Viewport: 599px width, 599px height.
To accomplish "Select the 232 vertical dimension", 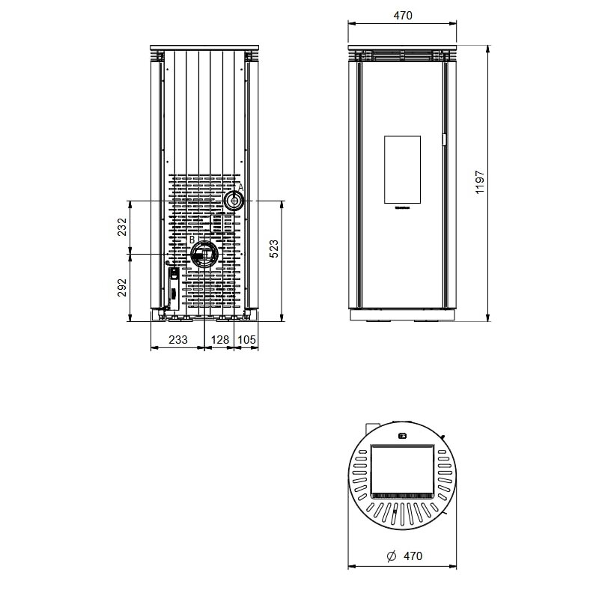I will [x=121, y=228].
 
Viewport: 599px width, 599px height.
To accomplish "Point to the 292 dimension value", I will [x=121, y=288].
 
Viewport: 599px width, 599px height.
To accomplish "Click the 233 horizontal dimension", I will [x=177, y=339].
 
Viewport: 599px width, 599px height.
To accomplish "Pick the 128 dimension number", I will [x=220, y=339].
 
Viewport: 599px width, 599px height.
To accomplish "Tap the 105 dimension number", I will [x=247, y=339].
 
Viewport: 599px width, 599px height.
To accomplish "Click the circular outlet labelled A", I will [x=234, y=201].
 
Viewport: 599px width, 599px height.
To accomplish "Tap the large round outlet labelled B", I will [x=203, y=255].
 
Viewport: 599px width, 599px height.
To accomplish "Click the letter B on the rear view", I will [x=192, y=240].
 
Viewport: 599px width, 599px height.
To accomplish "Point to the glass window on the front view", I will [x=403, y=170].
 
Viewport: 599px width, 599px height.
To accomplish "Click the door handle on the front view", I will [x=444, y=139].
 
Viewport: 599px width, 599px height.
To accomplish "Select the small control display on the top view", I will [x=402, y=435].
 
